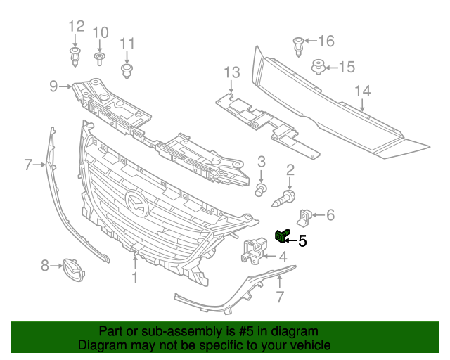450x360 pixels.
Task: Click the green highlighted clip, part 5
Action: tap(282, 236)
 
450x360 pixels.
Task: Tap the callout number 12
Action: tap(76, 27)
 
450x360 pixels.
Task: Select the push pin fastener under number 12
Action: tap(75, 56)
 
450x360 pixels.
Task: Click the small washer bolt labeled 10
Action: tap(100, 56)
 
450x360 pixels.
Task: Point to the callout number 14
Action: tap(362, 91)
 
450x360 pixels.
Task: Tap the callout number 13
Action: tap(232, 72)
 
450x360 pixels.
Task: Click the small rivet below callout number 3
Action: tap(261, 188)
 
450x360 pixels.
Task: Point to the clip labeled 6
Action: tap(307, 216)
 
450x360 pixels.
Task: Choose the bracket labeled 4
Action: tap(255, 250)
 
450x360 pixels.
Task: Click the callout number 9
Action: tap(53, 86)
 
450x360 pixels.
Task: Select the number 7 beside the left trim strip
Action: tap(28, 165)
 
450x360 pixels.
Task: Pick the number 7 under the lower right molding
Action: tap(280, 297)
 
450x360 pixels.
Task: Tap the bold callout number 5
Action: tap(303, 240)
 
